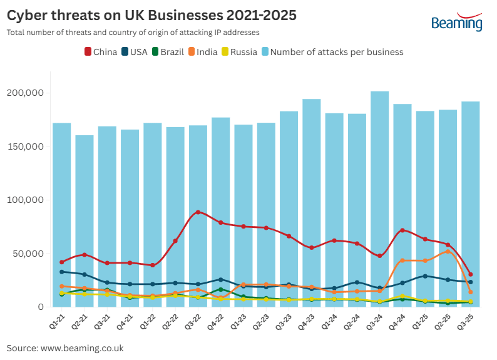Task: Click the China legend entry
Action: (101, 52)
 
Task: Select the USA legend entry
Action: (134, 52)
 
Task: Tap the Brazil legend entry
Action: (167, 52)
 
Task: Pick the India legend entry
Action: (202, 52)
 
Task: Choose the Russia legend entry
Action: (238, 52)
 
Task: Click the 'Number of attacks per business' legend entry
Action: (332, 52)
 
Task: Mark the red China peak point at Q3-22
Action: (198, 212)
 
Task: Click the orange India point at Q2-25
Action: (448, 252)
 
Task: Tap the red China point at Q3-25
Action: (471, 274)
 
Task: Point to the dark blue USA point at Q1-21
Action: (61, 272)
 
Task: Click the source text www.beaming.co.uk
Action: (82, 348)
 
